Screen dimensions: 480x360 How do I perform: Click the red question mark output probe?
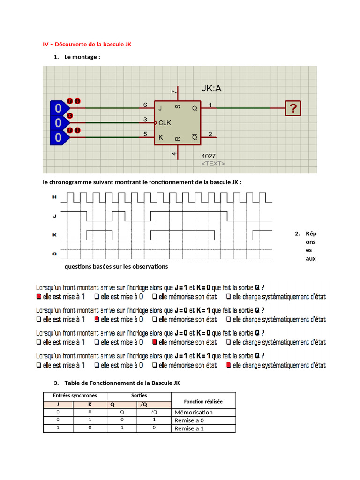coord(293,109)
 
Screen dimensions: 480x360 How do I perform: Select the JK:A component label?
coord(211,89)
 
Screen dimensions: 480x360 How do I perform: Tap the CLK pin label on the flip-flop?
coord(165,123)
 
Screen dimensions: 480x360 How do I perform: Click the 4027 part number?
coord(209,156)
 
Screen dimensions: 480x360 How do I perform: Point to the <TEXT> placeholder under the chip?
coord(213,164)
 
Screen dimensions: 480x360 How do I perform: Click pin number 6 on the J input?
coord(145,105)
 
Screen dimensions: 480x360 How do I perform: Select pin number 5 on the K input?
coord(145,134)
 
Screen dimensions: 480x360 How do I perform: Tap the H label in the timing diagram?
coord(54,198)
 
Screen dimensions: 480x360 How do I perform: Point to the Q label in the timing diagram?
coord(54,254)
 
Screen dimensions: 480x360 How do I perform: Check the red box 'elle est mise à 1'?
coord(39,297)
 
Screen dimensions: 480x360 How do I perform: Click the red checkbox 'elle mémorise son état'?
coord(155,342)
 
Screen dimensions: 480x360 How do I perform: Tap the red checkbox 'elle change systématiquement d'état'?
coord(229,365)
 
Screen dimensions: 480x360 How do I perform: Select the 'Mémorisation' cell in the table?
coord(193,412)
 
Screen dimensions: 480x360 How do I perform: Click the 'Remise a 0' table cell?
coord(190,420)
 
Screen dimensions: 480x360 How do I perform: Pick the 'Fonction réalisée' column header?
coord(203,401)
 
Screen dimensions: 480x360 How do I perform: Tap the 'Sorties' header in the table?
coord(139,396)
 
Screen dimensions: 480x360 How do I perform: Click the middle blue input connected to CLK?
coord(58,123)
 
